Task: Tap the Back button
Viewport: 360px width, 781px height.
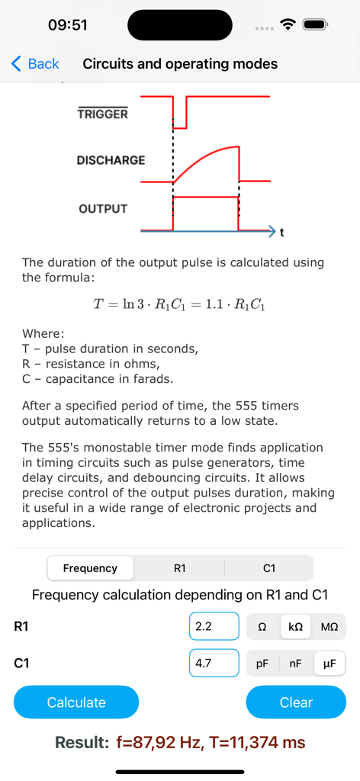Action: point(35,64)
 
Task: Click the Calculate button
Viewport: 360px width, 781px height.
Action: point(76,702)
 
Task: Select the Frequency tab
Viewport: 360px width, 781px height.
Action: point(90,568)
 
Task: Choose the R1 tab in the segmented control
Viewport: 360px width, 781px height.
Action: point(179,568)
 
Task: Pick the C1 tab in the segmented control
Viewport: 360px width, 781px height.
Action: point(268,568)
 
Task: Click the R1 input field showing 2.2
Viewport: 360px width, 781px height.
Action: point(214,627)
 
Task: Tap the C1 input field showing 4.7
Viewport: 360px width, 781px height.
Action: point(214,664)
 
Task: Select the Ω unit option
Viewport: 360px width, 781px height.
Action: point(262,627)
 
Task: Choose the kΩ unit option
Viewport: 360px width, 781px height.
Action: point(296,627)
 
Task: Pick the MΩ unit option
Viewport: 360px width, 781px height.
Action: point(329,627)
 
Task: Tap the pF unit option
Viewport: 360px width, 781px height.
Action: point(262,664)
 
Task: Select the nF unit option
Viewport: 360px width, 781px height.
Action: point(296,664)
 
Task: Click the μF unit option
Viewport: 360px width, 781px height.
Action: point(329,664)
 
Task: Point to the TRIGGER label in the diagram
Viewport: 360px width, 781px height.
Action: point(103,114)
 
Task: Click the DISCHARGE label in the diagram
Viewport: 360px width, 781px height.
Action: point(111,160)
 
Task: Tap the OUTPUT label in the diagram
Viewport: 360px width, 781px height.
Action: point(103,208)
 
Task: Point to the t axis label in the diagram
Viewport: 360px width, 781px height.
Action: point(282,230)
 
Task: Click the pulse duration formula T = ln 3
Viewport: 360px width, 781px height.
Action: point(179,304)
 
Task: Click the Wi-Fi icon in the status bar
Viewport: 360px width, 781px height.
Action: point(288,24)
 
